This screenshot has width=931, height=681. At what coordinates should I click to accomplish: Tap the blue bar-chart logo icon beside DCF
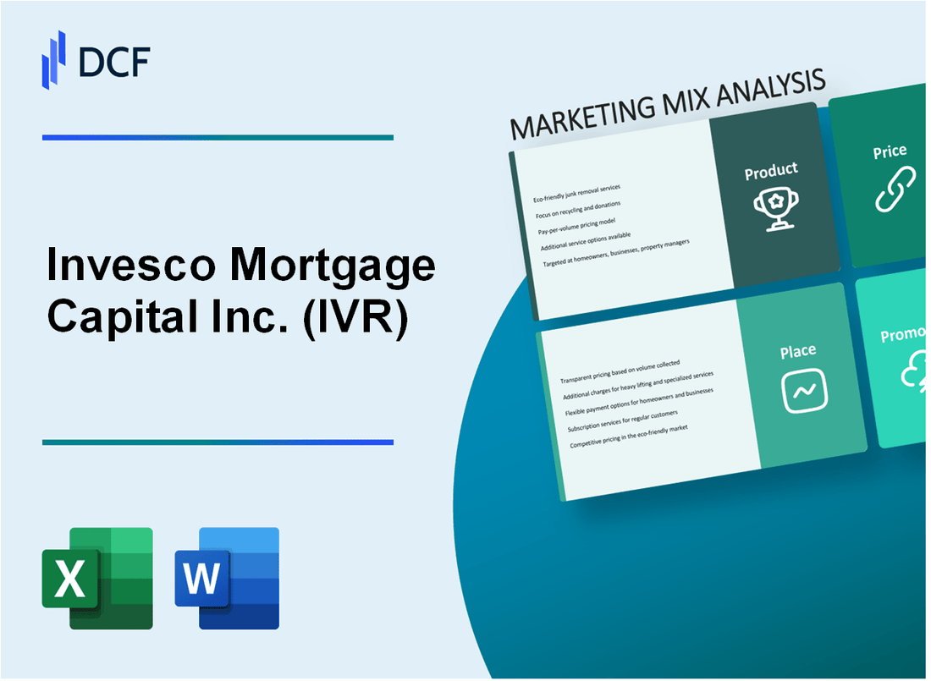coord(54,58)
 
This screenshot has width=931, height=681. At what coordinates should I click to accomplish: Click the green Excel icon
coord(97,578)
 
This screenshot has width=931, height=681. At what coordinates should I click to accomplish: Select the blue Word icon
coord(227,578)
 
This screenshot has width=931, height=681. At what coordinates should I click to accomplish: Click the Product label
coord(771,172)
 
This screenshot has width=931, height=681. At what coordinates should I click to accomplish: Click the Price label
coord(890,152)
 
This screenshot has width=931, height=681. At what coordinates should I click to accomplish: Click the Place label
coord(798,351)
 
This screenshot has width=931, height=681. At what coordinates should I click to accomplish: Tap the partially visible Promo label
coord(904,336)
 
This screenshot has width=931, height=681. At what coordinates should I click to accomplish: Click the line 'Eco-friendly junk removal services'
coord(576,193)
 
